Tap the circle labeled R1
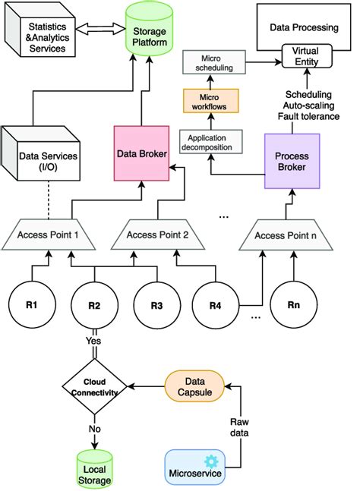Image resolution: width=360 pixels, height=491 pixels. [x=31, y=305]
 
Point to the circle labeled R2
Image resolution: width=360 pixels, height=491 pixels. [x=94, y=305]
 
